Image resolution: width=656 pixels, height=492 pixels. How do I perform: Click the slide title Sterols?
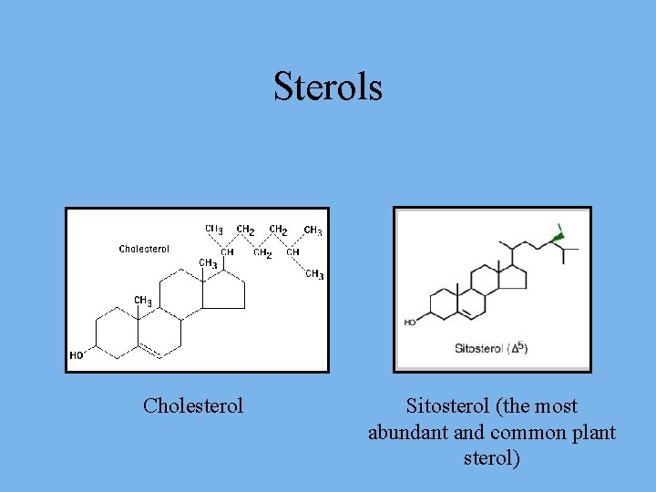(328, 87)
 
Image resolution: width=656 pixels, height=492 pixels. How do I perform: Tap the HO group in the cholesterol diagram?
(77, 355)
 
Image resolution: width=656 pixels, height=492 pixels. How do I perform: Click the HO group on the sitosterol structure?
(410, 322)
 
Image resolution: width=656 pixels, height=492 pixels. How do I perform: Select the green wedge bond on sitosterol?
(558, 237)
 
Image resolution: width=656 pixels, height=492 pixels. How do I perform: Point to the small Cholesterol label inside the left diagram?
(144, 249)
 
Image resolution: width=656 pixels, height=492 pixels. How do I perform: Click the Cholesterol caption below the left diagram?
(193, 405)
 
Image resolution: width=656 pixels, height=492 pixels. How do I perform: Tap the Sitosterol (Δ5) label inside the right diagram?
(491, 348)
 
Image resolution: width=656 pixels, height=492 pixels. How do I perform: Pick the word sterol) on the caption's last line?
(492, 457)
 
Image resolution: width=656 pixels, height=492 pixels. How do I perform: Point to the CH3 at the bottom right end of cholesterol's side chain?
(314, 274)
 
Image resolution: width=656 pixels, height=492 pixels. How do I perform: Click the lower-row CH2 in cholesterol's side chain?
(262, 252)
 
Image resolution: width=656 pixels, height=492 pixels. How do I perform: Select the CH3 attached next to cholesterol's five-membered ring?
(208, 263)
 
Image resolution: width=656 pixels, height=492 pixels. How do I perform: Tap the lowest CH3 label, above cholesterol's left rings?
(143, 300)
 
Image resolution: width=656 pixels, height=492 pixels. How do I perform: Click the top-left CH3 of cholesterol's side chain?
(214, 230)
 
